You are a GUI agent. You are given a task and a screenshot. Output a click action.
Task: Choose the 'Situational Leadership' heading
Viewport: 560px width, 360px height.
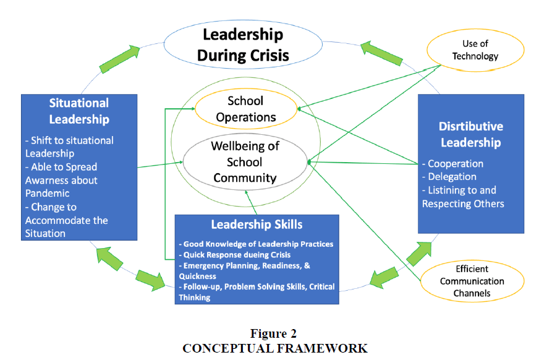[79, 111]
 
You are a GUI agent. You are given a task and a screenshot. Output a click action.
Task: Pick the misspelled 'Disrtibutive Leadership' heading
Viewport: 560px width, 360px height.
[471, 134]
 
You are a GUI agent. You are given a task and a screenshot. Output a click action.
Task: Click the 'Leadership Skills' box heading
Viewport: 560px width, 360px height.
[257, 225]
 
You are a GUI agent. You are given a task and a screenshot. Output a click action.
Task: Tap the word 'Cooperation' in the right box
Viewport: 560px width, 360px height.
[456, 164]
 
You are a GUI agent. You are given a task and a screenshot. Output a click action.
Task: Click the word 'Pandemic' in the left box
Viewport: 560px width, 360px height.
[47, 194]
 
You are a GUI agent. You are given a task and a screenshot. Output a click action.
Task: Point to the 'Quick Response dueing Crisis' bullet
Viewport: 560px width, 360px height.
[235, 255]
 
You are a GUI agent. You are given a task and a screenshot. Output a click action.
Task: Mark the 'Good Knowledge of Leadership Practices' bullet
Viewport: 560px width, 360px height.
[256, 244]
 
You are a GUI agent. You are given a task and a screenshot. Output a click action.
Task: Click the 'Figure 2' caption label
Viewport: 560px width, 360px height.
[273, 333]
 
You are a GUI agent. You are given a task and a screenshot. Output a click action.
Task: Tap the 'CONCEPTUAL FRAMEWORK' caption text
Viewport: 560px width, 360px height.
[275, 348]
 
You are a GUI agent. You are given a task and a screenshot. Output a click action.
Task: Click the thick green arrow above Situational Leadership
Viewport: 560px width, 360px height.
[119, 59]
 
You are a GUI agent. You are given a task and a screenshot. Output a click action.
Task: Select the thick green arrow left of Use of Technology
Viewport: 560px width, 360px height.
[381, 54]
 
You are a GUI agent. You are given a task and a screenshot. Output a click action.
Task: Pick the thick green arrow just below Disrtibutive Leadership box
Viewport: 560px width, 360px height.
[419, 254]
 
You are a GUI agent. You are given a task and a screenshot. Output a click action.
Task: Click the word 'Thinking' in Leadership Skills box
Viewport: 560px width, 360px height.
[195, 298]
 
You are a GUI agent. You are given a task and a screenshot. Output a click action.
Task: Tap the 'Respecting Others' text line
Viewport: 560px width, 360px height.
[463, 204]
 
